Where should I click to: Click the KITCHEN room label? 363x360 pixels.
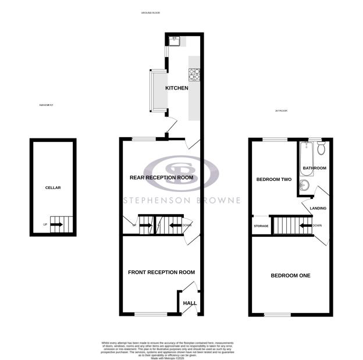coord(177,88)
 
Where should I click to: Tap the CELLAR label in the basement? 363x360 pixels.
coord(53,188)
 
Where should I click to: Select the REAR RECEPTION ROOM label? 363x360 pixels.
coord(161,177)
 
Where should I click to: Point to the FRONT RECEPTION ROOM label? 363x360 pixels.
coord(161,272)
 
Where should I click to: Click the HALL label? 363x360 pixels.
coord(190,303)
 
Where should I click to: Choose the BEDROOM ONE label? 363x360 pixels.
coord(290,275)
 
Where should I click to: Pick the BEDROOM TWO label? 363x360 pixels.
coord(274,180)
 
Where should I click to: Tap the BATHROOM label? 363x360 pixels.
coord(315,168)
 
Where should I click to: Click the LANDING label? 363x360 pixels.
coord(318,208)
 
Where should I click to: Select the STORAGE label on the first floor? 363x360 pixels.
coord(261,226)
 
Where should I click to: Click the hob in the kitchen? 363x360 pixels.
coord(194,74)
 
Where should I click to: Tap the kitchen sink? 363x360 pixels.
coord(175,40)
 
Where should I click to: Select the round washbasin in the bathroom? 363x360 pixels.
coord(304,186)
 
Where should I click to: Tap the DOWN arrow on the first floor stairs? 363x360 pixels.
coord(307,225)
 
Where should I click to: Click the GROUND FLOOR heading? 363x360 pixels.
coord(151,12)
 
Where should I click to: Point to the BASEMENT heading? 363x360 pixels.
coord(47,105)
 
